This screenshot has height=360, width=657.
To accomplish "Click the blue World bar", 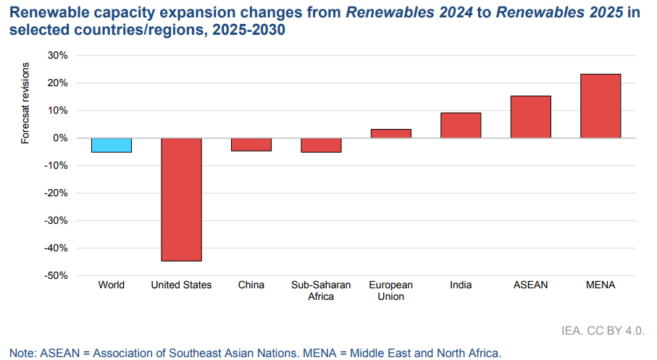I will point(112,145).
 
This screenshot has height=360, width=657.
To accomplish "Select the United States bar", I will point(181,199).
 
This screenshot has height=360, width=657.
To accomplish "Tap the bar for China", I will point(251,144).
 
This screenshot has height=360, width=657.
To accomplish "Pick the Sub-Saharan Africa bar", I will point(321,145).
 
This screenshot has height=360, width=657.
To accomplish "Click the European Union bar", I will point(391,133).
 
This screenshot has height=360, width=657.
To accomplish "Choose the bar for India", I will point(461,125).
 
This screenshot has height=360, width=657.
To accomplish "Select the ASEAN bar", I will point(530,117).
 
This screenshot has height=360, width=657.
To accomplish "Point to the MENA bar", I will point(600,106).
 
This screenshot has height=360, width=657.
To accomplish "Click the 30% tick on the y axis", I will point(57,56).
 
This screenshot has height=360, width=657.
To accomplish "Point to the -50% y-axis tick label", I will point(56,276).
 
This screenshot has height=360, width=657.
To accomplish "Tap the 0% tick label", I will point(60,138).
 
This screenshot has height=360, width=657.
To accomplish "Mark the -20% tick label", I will point(56,193).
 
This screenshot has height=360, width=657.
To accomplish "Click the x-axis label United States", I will point(181,285).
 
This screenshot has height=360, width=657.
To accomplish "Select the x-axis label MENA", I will point(600,285).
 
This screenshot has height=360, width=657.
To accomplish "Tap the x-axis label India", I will point(461,285).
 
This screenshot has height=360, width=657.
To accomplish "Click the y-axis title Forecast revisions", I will point(25,104).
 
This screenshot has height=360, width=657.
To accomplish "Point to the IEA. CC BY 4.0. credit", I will point(603,330).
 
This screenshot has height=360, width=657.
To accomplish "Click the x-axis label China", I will point(251,285).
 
